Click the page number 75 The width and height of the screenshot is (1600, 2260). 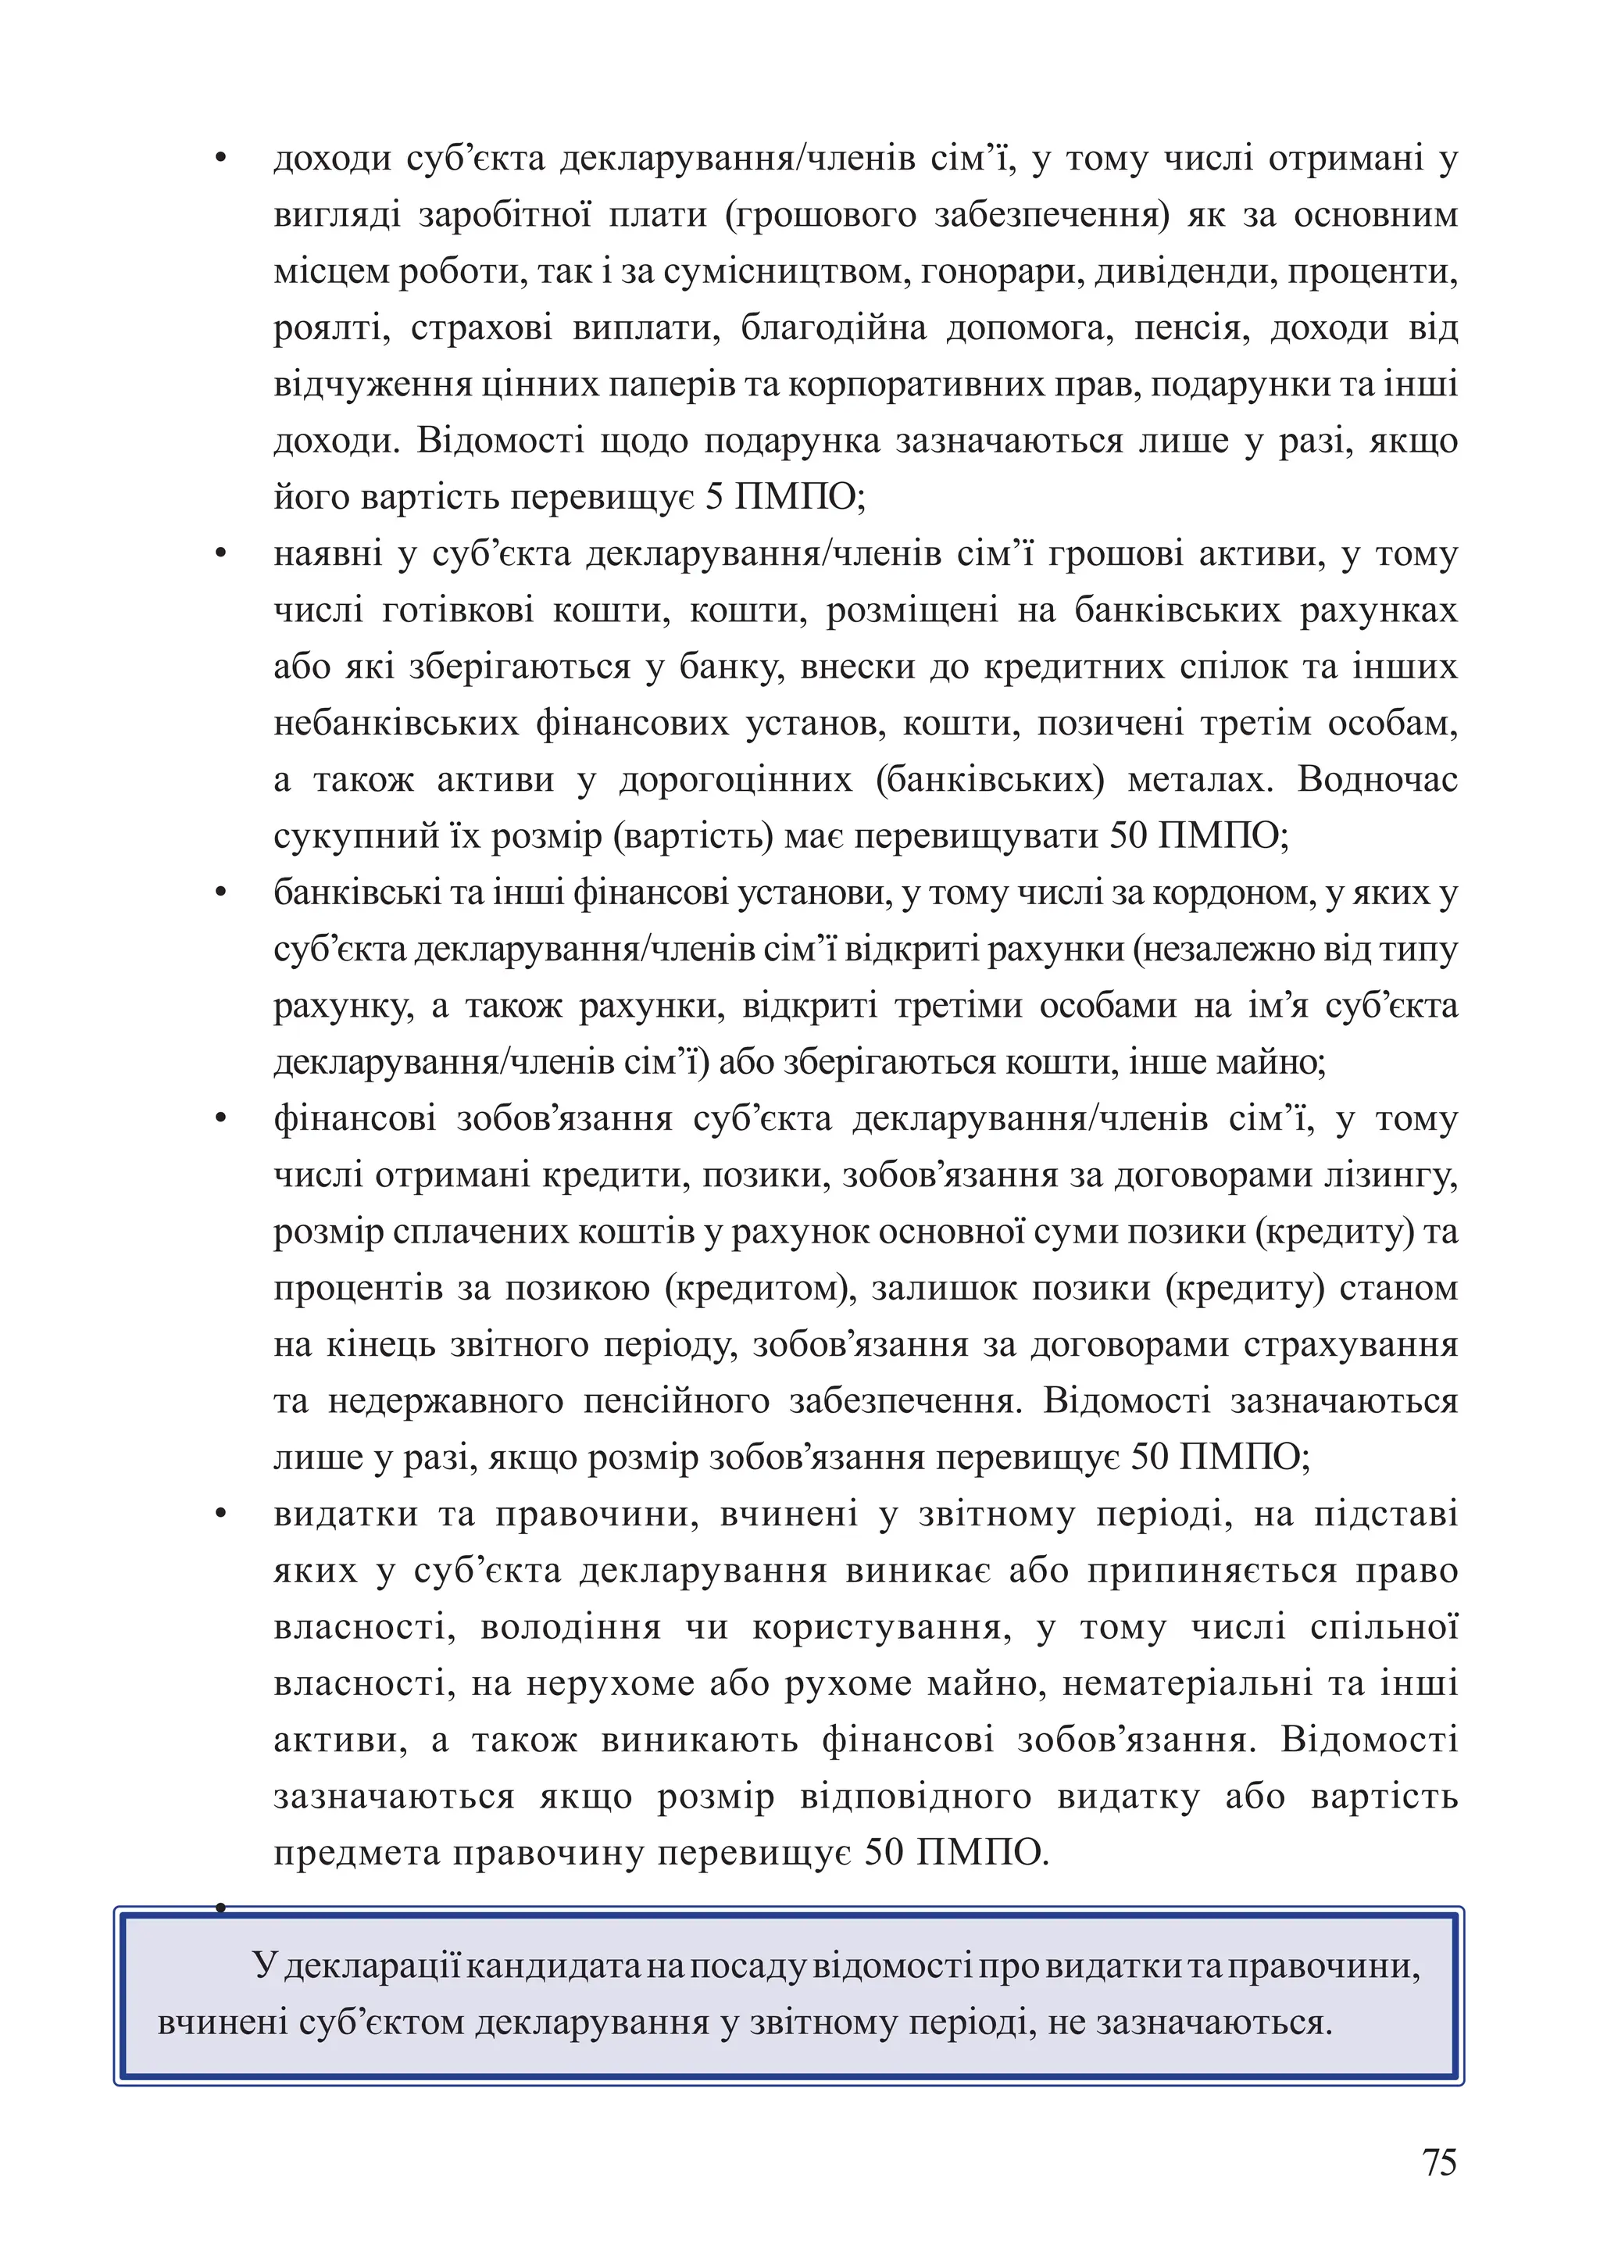pyautogui.click(x=1438, y=2162)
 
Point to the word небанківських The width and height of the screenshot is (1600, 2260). pyautogui.click(x=396, y=724)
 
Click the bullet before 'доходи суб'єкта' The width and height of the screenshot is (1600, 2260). pyautogui.click(x=220, y=159)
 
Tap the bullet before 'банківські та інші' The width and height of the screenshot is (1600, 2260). pyautogui.click(x=220, y=894)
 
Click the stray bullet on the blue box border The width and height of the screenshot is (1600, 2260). pyautogui.click(x=220, y=1908)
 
